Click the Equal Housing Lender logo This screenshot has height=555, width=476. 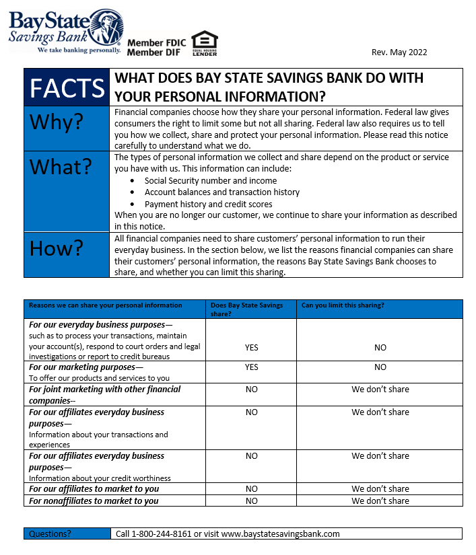[204, 43]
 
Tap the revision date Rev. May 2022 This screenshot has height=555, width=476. [399, 52]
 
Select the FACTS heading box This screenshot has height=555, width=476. [67, 87]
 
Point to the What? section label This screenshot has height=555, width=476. [60, 168]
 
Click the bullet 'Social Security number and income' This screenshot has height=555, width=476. [210, 180]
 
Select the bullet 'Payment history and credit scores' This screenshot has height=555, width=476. [208, 204]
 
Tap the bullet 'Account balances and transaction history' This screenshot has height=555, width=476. [222, 192]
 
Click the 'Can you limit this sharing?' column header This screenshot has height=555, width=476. [343, 305]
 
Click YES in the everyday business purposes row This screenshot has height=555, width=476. [251, 348]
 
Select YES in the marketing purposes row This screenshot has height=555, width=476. [251, 367]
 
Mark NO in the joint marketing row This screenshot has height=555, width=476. [251, 390]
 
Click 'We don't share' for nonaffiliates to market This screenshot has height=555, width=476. [380, 501]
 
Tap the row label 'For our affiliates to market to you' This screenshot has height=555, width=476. [94, 489]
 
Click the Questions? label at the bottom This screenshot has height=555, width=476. [49, 533]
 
